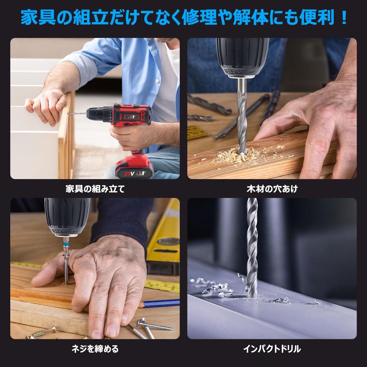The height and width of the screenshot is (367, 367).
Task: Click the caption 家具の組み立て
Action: [95, 189]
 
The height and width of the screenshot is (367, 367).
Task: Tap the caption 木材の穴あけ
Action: [272, 189]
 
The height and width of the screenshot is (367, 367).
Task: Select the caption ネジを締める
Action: [95, 349]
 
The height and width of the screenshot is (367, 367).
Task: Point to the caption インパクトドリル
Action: [272, 349]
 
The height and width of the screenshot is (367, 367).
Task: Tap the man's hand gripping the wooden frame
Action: [45, 106]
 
